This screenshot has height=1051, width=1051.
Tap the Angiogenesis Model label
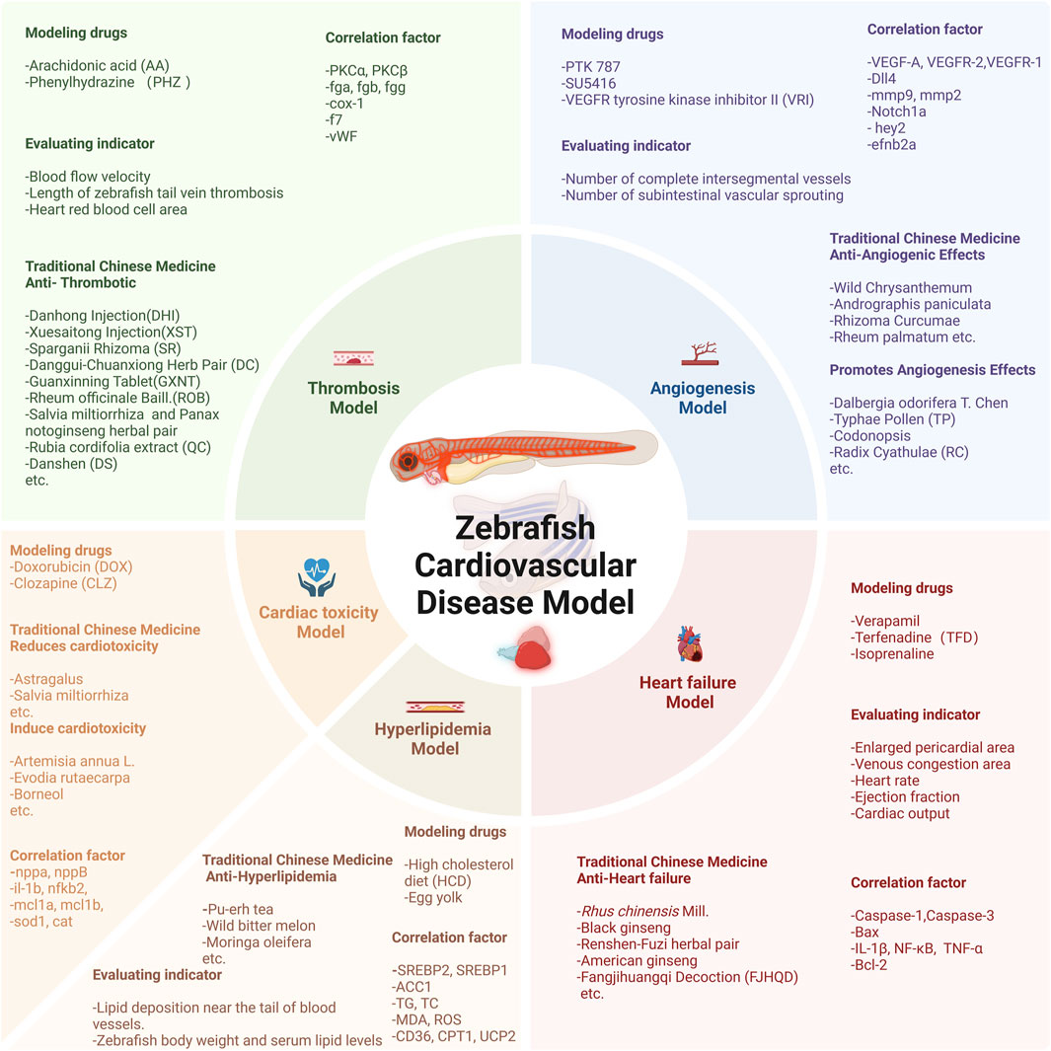click(x=702, y=397)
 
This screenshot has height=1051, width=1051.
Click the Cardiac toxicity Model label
click(x=319, y=621)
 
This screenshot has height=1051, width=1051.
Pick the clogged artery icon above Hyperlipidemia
click(x=435, y=706)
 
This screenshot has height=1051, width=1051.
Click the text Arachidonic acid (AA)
click(x=97, y=66)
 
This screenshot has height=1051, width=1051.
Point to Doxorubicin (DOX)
click(x=71, y=566)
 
